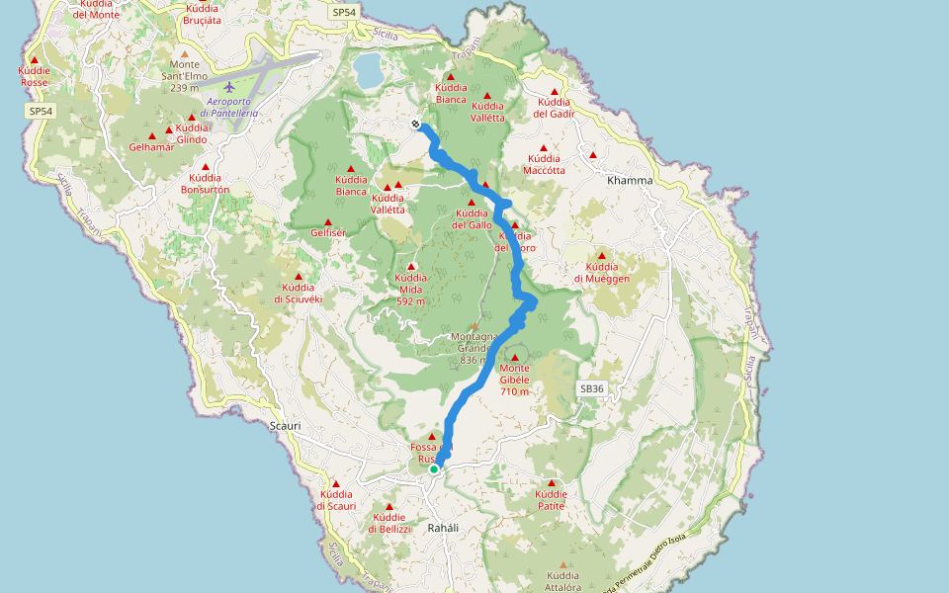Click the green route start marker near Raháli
434,469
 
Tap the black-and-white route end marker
416,124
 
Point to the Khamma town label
630,181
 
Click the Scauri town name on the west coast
285,426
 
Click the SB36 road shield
591,389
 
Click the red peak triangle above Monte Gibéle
514,357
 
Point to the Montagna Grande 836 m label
473,348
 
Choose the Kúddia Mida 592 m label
410,290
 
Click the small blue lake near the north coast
369,70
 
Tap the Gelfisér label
328,233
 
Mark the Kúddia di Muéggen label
601,273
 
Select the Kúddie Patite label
551,500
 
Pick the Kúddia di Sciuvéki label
298,293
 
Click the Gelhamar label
151,147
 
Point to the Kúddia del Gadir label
554,107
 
